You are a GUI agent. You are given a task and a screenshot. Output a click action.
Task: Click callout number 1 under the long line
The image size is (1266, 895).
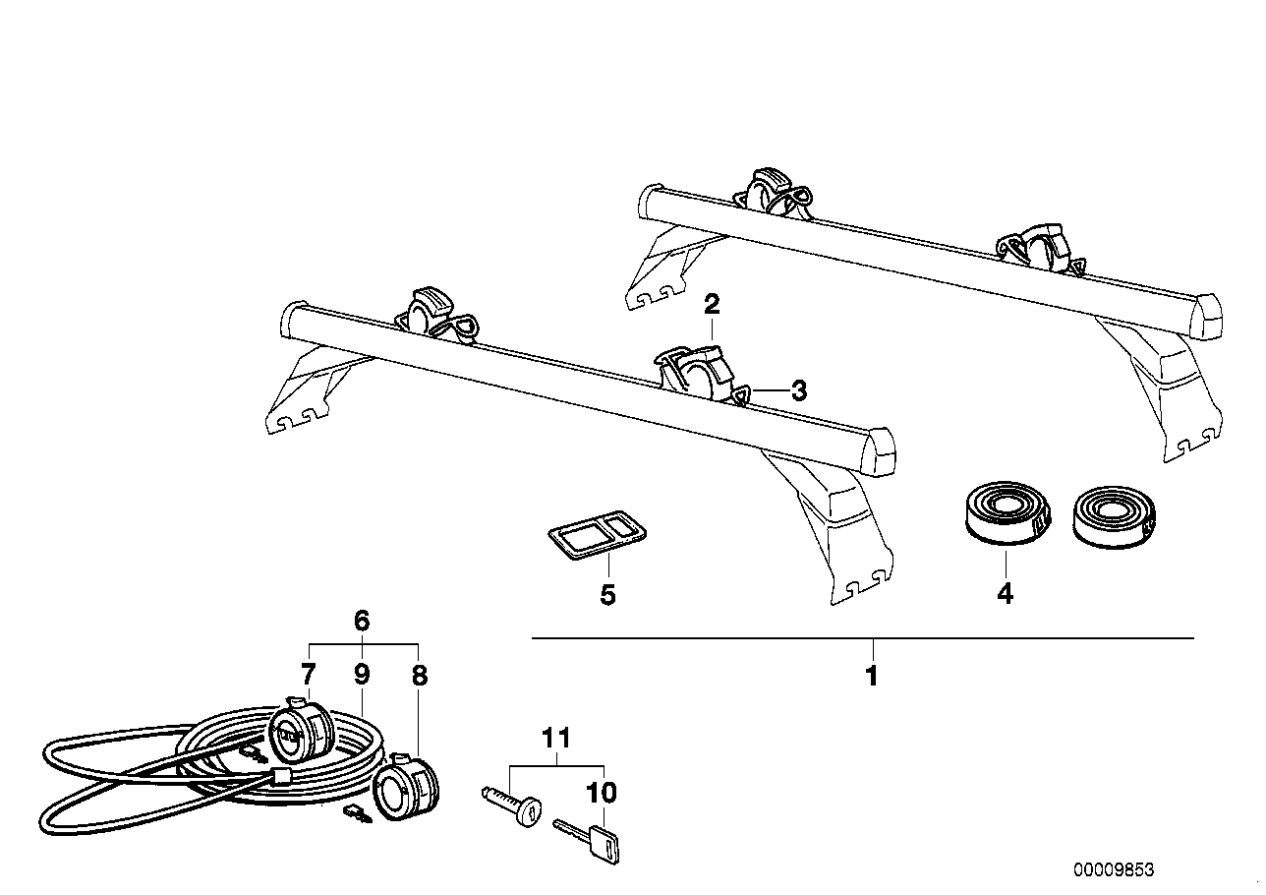871,677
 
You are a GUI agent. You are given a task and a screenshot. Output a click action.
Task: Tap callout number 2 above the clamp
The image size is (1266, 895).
712,304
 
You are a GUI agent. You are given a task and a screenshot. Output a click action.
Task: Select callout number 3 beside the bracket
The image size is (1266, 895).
798,390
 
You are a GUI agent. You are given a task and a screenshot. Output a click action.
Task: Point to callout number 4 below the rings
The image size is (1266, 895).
1005,594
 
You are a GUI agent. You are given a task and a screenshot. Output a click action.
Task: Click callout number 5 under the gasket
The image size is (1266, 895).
607,594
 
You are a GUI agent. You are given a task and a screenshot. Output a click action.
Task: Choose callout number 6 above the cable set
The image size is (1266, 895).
361,621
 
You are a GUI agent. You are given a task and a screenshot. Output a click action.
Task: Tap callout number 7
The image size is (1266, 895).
308,675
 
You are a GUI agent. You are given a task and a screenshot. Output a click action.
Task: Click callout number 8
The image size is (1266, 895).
420,676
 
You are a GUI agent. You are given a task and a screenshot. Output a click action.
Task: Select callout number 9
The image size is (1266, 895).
361,675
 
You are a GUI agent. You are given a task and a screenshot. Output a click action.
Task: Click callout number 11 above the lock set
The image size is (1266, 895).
555,738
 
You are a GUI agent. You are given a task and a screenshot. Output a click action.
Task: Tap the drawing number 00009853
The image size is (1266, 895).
1113,870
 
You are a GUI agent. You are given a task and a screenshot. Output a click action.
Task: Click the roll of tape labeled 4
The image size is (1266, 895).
1005,511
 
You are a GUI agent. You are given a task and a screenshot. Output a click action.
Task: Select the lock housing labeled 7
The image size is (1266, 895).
303,731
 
